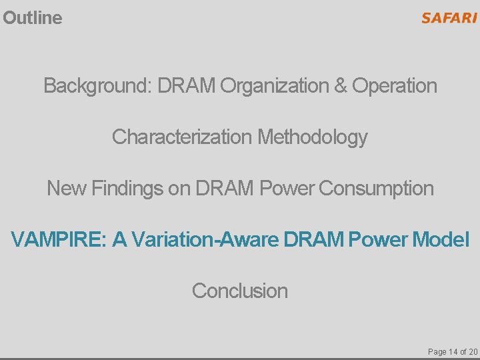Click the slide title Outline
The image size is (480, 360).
point(33,18)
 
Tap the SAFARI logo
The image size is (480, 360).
point(449,18)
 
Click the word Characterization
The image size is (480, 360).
point(182,137)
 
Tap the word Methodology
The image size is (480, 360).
point(313,137)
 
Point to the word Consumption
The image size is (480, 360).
point(377,189)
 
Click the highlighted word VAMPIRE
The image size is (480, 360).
point(59,239)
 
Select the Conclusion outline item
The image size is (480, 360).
point(240,291)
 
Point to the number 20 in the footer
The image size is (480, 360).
point(473,351)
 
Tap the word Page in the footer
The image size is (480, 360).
point(437,351)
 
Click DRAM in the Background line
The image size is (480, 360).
point(187,86)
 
